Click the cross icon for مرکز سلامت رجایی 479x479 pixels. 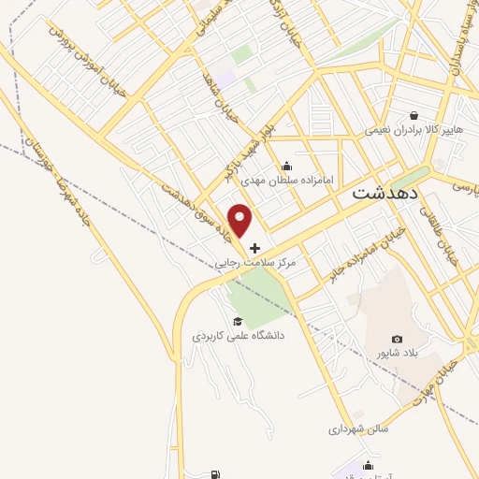[x=254, y=249]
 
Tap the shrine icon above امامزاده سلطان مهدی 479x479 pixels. [x=285, y=167]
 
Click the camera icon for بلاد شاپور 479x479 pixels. [x=397, y=339]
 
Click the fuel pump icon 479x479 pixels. [x=217, y=474]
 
